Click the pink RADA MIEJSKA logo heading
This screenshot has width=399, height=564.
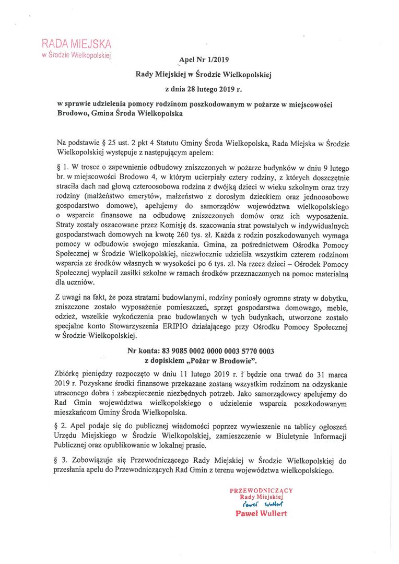76,43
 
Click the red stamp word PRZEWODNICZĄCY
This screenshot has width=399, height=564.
261,490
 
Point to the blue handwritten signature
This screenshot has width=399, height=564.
261,505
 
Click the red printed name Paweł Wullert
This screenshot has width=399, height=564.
261,513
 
